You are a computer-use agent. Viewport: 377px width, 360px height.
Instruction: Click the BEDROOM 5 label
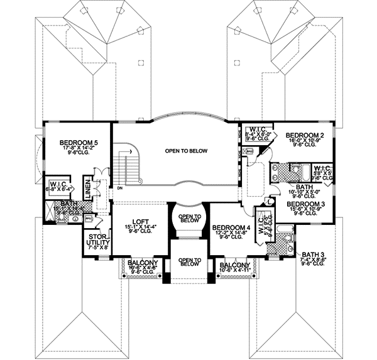point(79,143)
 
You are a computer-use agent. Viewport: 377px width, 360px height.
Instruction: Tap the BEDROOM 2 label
point(304,135)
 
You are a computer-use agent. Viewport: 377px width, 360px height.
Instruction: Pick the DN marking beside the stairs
point(119,187)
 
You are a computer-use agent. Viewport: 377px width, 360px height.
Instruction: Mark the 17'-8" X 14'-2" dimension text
point(79,150)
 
